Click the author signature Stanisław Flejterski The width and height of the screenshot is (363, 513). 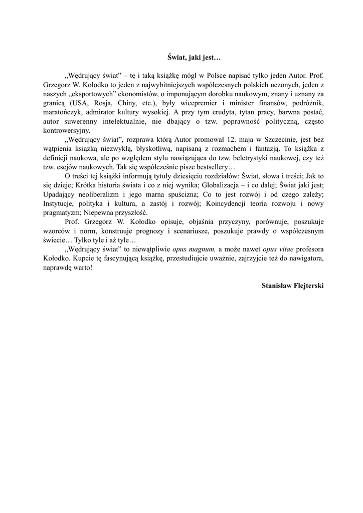point(293,285)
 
